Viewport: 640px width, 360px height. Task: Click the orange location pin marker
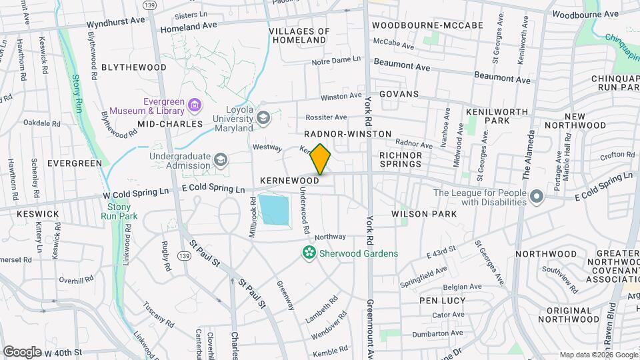[x=321, y=159]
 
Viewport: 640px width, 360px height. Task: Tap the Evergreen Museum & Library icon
[x=195, y=104]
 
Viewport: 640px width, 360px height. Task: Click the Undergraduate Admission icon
[x=221, y=160]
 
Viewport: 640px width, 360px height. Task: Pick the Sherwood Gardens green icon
[x=309, y=253]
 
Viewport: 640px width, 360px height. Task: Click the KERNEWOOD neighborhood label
[x=289, y=181]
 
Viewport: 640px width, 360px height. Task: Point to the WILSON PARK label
[x=424, y=214]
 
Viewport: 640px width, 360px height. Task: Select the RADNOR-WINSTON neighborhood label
[x=348, y=134]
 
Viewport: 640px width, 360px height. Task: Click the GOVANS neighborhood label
[x=399, y=94]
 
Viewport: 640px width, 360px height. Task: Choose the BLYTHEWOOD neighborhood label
[x=134, y=67]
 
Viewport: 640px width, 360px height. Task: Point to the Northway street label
[x=330, y=237]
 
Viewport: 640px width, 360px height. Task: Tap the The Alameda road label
[x=525, y=163]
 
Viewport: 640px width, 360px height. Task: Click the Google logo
[x=22, y=351]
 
